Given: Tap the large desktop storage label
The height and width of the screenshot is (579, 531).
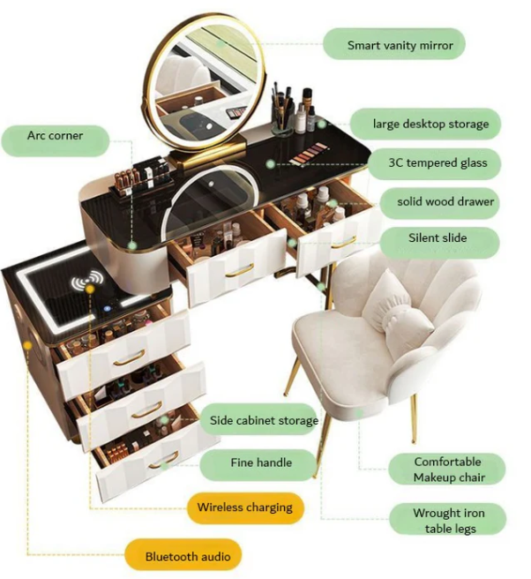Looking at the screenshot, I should tap(424, 124).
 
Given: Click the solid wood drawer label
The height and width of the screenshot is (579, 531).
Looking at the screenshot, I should tap(445, 202).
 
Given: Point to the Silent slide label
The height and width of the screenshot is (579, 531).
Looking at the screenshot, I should tap(437, 238).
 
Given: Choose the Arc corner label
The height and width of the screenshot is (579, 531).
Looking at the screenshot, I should tap(54, 137).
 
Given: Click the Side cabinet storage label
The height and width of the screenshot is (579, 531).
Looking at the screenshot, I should tap(262, 420).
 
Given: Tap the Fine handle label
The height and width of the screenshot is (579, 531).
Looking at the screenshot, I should tap(260, 462).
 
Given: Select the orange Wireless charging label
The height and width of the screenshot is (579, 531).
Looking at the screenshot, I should tap(244, 508).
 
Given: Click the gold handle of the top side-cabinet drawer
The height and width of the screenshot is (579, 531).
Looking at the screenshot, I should tap(129, 357).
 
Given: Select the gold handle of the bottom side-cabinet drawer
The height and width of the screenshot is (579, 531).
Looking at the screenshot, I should tap(162, 460).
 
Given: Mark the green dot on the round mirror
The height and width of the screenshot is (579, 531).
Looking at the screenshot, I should tap(221, 41).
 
